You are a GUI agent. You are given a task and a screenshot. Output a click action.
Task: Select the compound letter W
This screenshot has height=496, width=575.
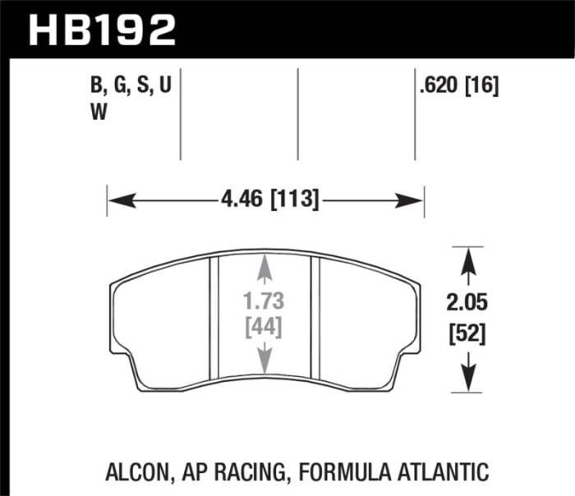[97, 115]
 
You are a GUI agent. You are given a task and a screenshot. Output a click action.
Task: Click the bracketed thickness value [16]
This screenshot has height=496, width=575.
[483, 85]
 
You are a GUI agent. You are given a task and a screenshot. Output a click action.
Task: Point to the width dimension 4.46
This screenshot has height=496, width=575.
[244, 199]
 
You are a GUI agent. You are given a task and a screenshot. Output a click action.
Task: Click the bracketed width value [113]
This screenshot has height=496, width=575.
[293, 199]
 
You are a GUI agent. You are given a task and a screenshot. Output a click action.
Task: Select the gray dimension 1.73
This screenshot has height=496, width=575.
[264, 303]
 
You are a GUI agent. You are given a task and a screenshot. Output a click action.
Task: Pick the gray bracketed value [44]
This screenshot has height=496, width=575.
[264, 328]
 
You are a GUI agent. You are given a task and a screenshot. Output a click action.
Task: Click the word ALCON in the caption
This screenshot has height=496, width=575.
[136, 472]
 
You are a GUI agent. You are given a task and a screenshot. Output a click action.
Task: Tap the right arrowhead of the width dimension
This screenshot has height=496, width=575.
[414, 200]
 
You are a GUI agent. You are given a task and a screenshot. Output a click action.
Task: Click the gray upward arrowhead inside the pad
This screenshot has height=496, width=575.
[264, 264]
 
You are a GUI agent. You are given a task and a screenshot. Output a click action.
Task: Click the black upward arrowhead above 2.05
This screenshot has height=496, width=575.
[468, 257]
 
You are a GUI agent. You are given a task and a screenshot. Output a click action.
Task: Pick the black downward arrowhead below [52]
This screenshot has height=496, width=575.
[468, 379]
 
